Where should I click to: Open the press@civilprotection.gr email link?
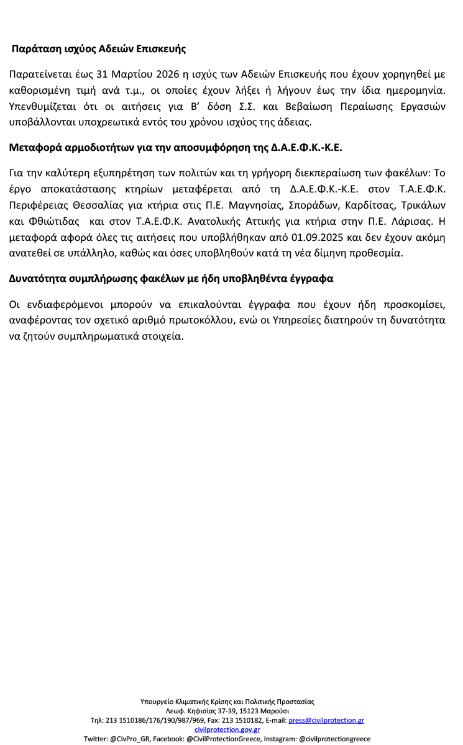tap(326, 720)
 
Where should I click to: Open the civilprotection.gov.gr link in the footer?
tap(227, 729)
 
